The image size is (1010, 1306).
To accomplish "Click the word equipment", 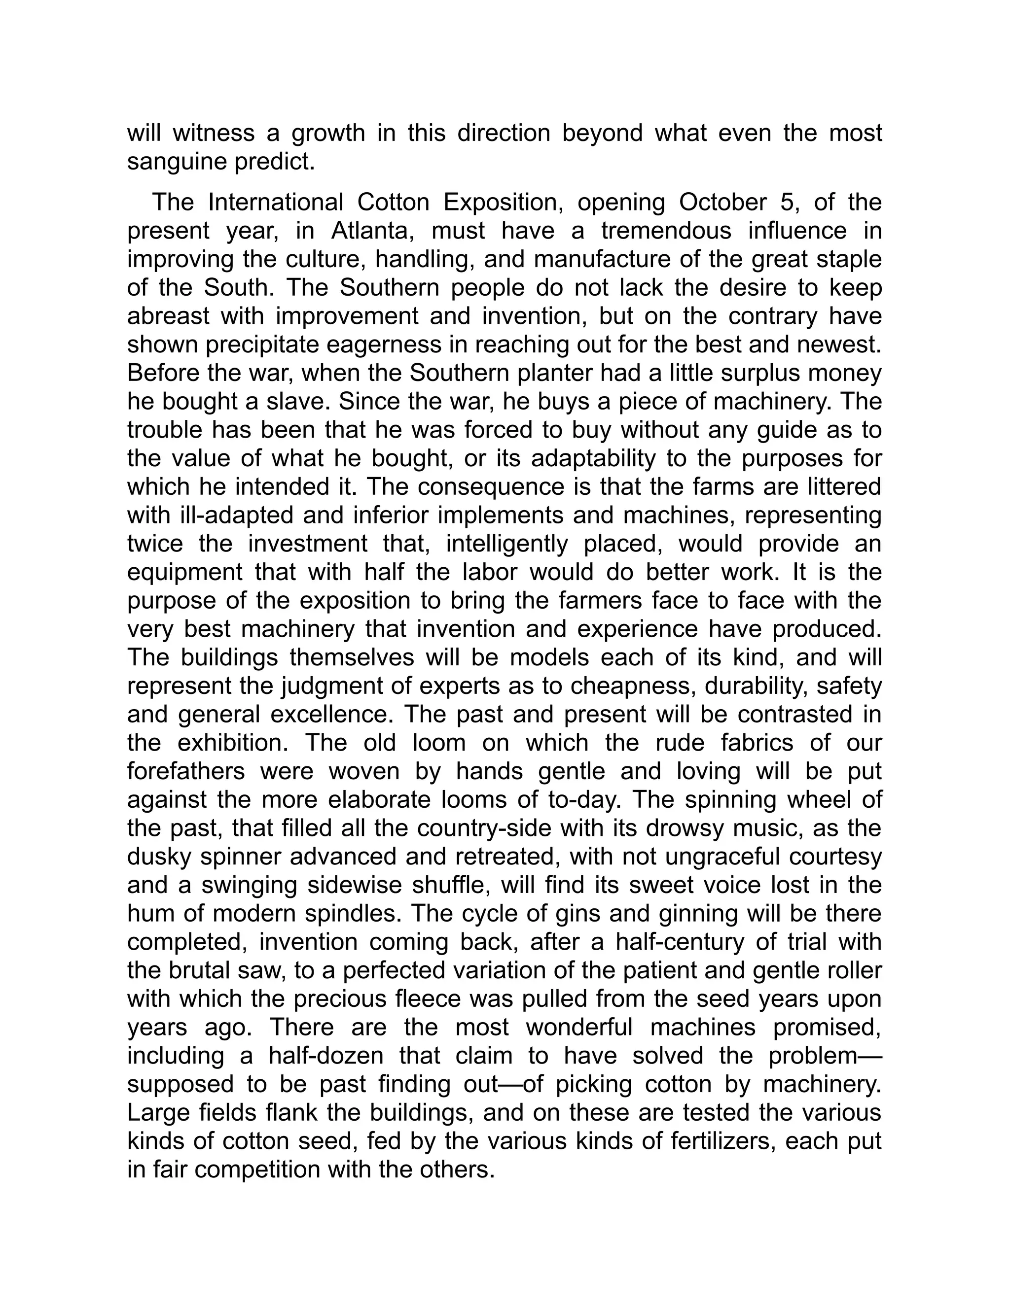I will click(185, 572).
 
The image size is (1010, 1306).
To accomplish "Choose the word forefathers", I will click(186, 771).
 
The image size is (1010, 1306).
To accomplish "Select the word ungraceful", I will click(714, 857).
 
